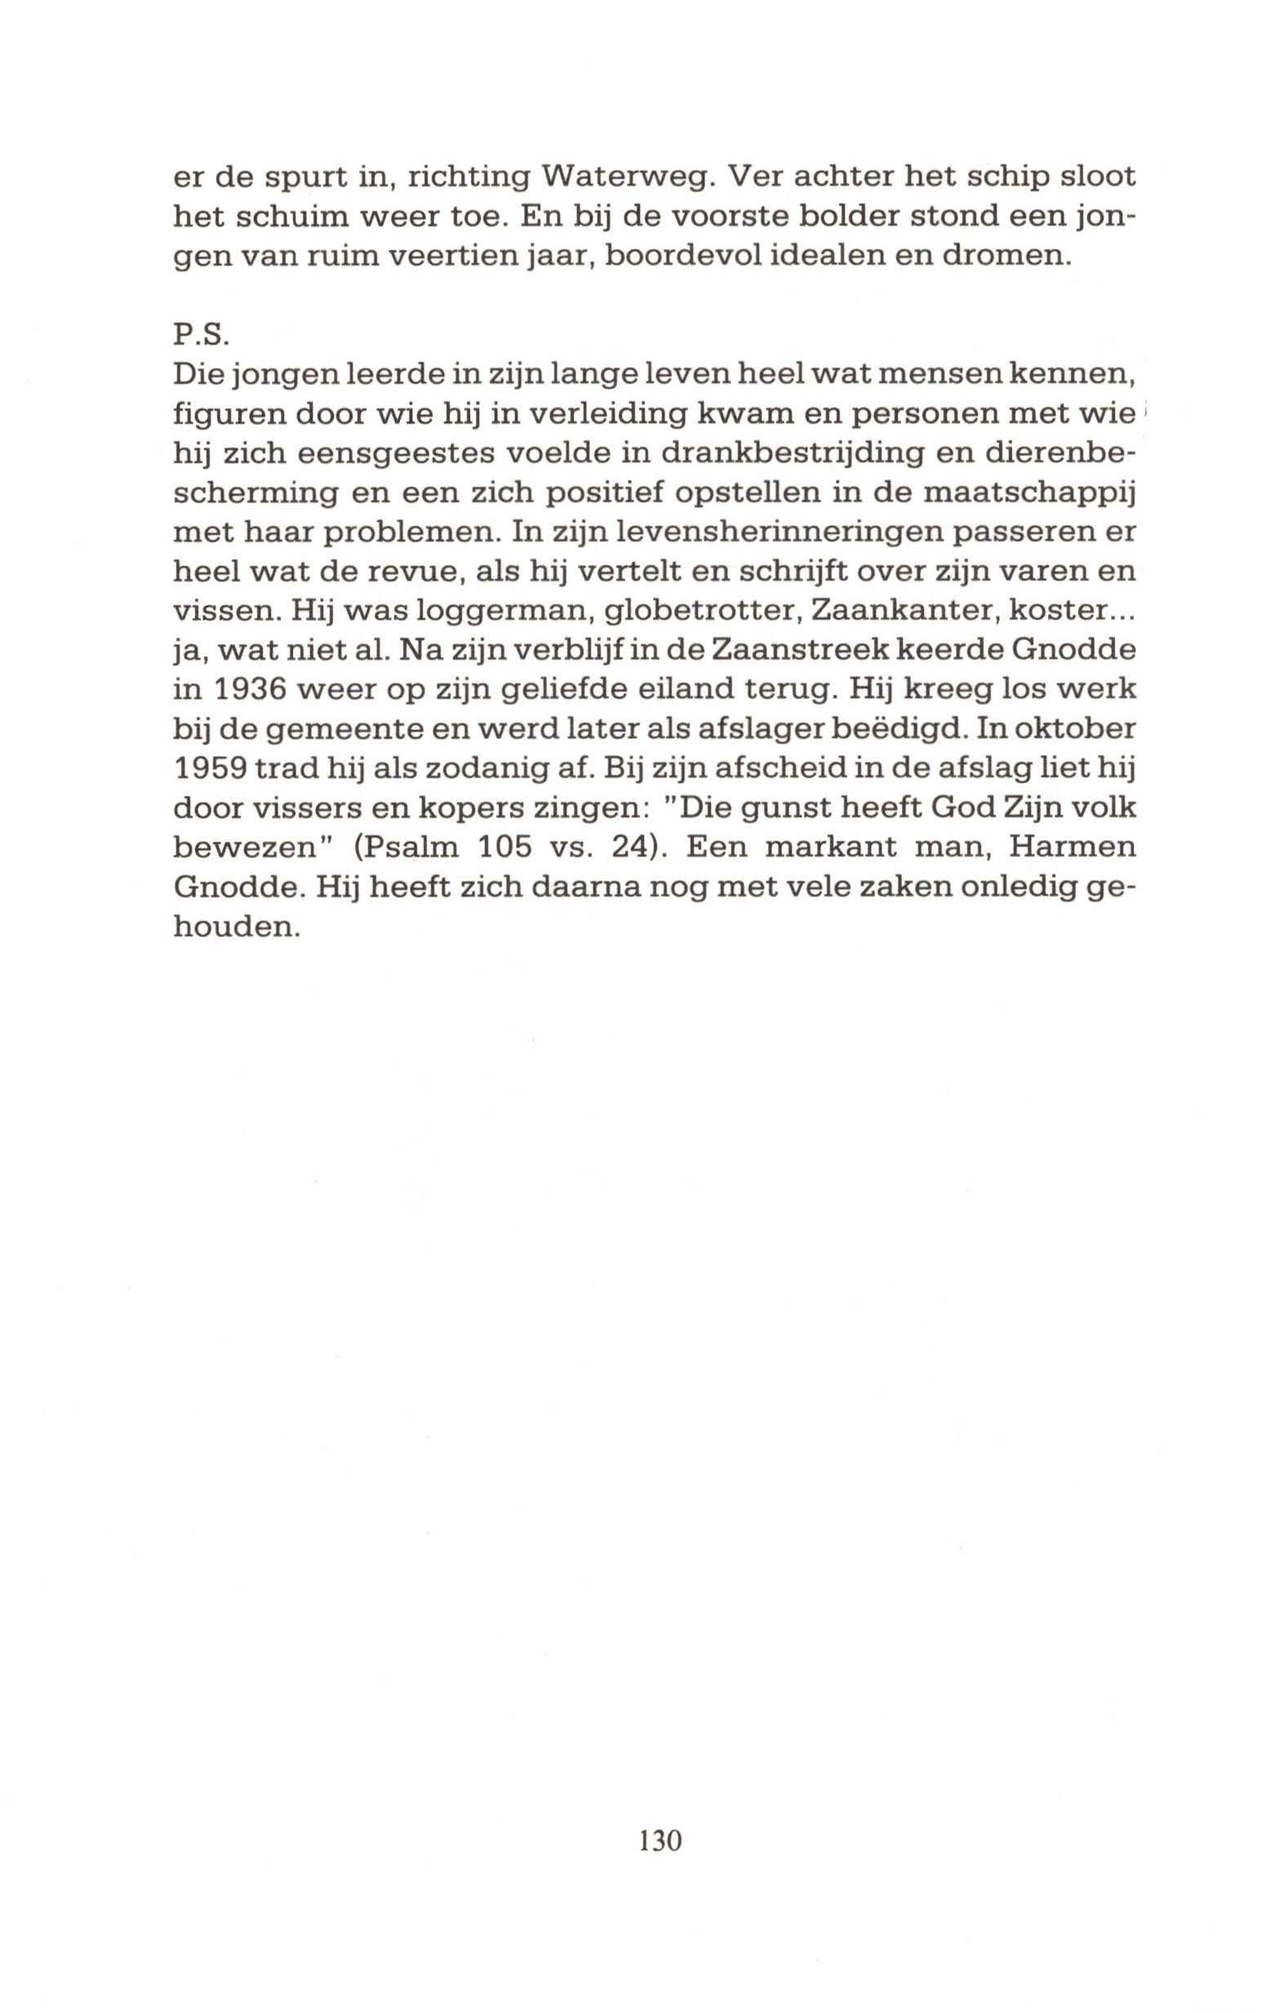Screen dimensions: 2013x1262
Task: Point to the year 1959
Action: click(210, 769)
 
